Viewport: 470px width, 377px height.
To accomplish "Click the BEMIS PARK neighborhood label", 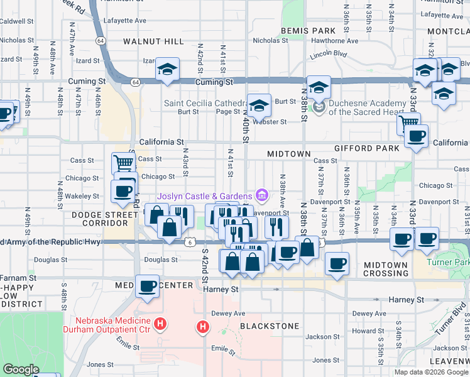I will [x=309, y=30].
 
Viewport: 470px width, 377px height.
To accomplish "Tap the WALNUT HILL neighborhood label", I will [x=153, y=41].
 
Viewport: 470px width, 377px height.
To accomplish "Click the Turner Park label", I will [x=447, y=261].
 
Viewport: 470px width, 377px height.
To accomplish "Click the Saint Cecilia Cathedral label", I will [x=205, y=102].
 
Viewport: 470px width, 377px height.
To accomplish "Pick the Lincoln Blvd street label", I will [x=328, y=55].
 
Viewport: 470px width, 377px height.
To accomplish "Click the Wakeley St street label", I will [x=82, y=196].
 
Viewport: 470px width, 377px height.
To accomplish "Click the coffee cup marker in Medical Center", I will [x=148, y=287].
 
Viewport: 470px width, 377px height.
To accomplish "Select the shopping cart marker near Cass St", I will [x=123, y=163].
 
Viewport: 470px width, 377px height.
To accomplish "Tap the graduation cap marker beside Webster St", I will [x=259, y=105].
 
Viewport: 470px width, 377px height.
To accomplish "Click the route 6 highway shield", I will [x=189, y=242].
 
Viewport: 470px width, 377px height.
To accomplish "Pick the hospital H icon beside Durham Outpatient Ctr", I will [x=161, y=325].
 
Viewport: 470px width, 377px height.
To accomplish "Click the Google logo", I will [x=21, y=369].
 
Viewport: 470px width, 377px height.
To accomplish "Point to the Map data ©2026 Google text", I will [x=431, y=372].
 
